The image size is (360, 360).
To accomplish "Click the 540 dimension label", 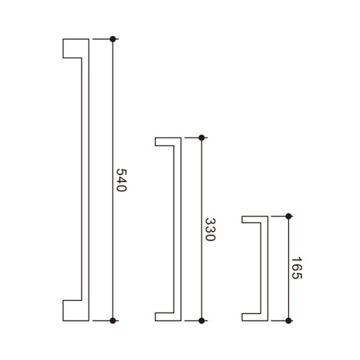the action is pos(121,180).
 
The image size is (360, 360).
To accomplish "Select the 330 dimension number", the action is pos(210,230).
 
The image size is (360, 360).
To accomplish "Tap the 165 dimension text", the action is pos(297,268).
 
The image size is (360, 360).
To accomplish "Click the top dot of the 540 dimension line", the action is pos(113,39).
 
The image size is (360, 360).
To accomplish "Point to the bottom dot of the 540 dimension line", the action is pos(113,320).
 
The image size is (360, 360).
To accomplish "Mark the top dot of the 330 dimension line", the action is pos(202,138).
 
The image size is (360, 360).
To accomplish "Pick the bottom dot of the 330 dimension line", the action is pos(202,320).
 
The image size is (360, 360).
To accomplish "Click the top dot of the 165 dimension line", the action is pos(289,216).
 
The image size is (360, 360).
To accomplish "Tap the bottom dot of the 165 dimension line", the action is pos(289,320).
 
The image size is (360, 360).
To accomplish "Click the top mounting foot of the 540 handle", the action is pos(73,48).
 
